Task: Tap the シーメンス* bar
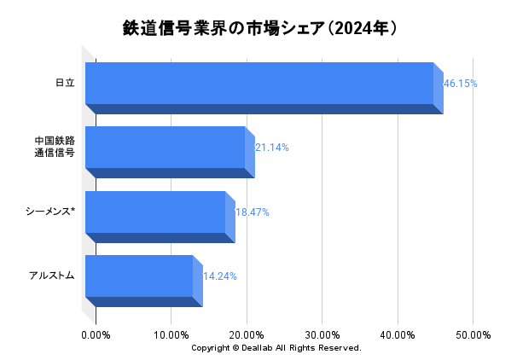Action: tap(156, 212)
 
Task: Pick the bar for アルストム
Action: tap(140, 276)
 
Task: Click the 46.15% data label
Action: tap(461, 84)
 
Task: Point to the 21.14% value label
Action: tap(272, 148)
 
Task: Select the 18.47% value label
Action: tap(253, 212)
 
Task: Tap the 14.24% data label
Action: tap(220, 276)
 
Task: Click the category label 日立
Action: tap(65, 83)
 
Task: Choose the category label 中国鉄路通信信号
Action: tap(55, 147)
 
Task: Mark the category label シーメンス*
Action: tap(50, 212)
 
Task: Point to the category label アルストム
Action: tap(52, 276)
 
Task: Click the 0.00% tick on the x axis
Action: tap(96, 334)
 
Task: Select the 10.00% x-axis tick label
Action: tap(171, 334)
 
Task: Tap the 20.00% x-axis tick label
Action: tap(247, 334)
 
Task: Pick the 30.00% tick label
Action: tap(322, 334)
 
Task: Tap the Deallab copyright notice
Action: tap(276, 348)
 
